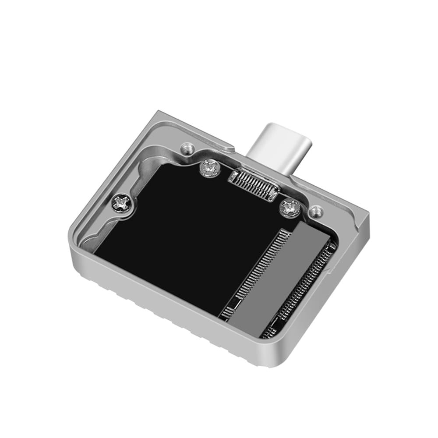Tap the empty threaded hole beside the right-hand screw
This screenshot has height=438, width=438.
pos(314,212)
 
